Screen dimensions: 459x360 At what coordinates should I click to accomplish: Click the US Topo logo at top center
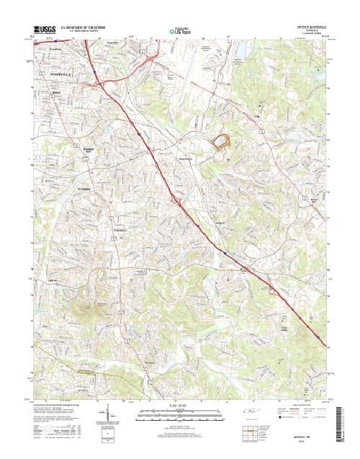click(179, 31)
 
